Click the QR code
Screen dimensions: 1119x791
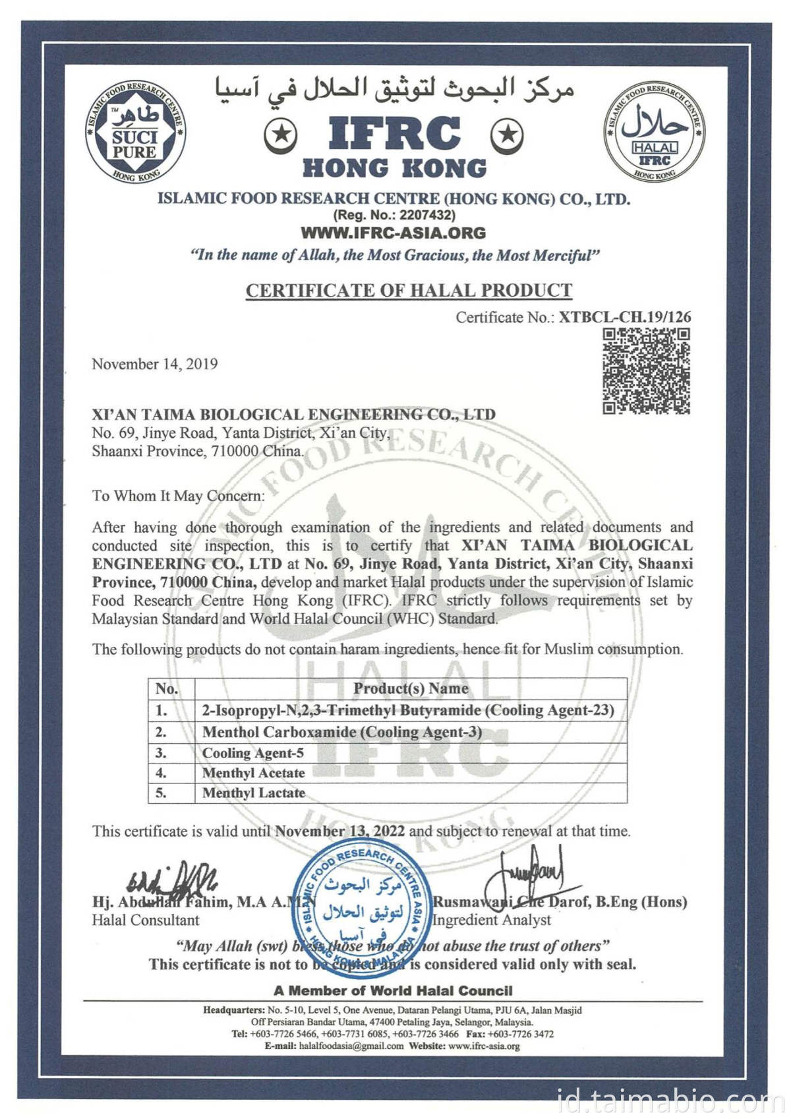point(646,371)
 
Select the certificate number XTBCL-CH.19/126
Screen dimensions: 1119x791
point(625,317)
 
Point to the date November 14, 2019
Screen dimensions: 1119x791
point(155,364)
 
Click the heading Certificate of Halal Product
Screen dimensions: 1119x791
point(409,290)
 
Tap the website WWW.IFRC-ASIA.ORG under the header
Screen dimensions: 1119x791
point(393,233)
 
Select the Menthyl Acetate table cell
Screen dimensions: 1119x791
point(254,773)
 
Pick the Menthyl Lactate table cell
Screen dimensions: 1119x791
point(254,793)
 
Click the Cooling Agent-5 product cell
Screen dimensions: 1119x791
point(253,753)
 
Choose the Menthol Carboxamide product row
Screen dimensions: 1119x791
point(342,732)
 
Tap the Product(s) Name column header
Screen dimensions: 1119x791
point(411,688)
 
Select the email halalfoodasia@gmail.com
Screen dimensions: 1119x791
point(351,1046)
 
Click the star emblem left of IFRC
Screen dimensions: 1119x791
point(281,136)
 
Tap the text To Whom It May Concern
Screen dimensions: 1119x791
point(177,496)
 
